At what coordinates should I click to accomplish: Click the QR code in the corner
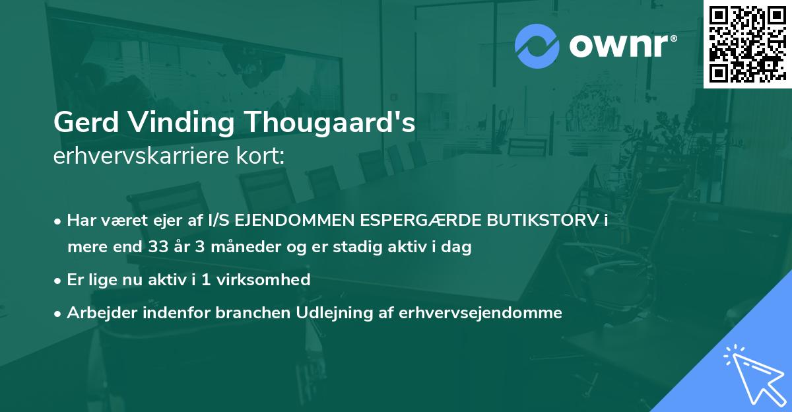[747, 44]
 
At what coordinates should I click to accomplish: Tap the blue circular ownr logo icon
[537, 47]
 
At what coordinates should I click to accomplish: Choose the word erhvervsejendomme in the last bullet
[480, 313]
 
